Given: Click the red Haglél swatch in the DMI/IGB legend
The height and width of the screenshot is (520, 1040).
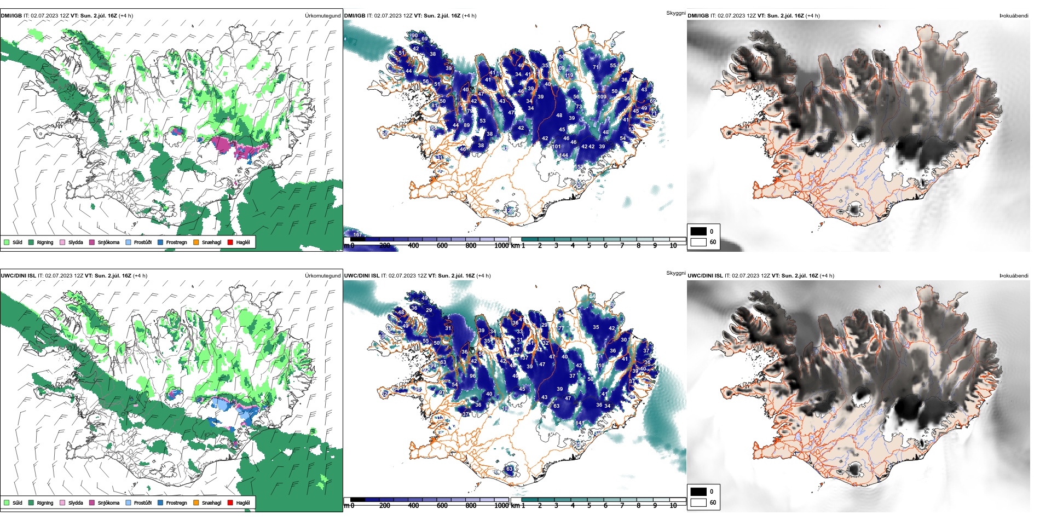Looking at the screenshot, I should pos(230,242).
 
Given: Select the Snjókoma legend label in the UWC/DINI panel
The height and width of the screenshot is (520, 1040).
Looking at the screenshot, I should pos(108,502).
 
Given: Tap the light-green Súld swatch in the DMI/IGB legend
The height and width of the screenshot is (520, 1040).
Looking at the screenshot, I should pos(7,242).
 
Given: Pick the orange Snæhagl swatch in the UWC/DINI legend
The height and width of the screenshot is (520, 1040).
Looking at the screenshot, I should pos(196,502).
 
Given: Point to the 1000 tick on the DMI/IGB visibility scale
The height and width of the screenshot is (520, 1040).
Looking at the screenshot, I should pos(501,246).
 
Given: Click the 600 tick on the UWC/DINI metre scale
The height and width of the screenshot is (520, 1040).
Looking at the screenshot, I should pos(442,505).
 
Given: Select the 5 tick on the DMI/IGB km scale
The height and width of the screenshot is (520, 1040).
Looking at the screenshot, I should pos(589,246).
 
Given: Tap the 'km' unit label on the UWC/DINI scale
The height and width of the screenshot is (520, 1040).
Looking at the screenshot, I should pos(515,505).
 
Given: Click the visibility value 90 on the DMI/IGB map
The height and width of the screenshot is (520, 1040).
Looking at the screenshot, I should pos(414,36).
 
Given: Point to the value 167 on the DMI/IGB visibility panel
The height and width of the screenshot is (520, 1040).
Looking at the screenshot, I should pos(357,235).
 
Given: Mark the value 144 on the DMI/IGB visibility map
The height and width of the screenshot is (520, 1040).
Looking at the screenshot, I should pos(564,155).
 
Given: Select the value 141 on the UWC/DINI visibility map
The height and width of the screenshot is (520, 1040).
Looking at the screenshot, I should pos(579,423).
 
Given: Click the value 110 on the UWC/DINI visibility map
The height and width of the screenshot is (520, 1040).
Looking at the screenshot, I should pos(600,366).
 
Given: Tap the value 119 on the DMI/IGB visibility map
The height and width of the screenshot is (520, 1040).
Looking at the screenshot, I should pos(569,76).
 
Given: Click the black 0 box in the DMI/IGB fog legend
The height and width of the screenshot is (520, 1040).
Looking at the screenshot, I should pos(698,231).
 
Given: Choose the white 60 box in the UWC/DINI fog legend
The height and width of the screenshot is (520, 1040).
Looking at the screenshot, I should pos(698,502).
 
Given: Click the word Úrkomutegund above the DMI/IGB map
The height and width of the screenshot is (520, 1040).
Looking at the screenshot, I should pos(322,16).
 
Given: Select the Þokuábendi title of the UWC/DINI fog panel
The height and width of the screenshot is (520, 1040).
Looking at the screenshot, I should pos(1014,276).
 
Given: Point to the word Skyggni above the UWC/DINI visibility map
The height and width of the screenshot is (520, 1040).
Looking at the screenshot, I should pos(675,273).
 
